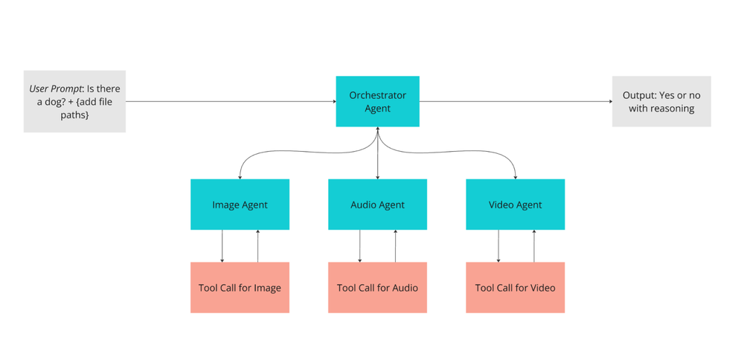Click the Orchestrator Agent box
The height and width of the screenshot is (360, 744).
pos(377,101)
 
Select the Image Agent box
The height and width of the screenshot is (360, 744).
pos(240,205)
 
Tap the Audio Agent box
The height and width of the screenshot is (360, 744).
pos(377,205)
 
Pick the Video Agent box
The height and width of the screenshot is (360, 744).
pos(515,205)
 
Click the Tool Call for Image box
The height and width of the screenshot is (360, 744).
pos(240,288)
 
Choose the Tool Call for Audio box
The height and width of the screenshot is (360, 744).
pos(377,288)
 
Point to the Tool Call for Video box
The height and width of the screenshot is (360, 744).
pos(515,288)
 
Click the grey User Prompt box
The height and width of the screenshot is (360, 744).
pos(74,101)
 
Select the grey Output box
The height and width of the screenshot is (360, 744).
pos(661,101)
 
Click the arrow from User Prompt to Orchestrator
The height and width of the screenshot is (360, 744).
pos(231,101)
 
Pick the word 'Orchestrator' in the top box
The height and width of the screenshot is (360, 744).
pos(377,95)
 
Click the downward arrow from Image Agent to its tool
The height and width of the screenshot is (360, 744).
pos(222,246)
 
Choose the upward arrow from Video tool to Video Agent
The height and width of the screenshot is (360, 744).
pos(533,246)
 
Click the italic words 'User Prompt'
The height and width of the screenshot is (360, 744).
pos(56,89)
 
